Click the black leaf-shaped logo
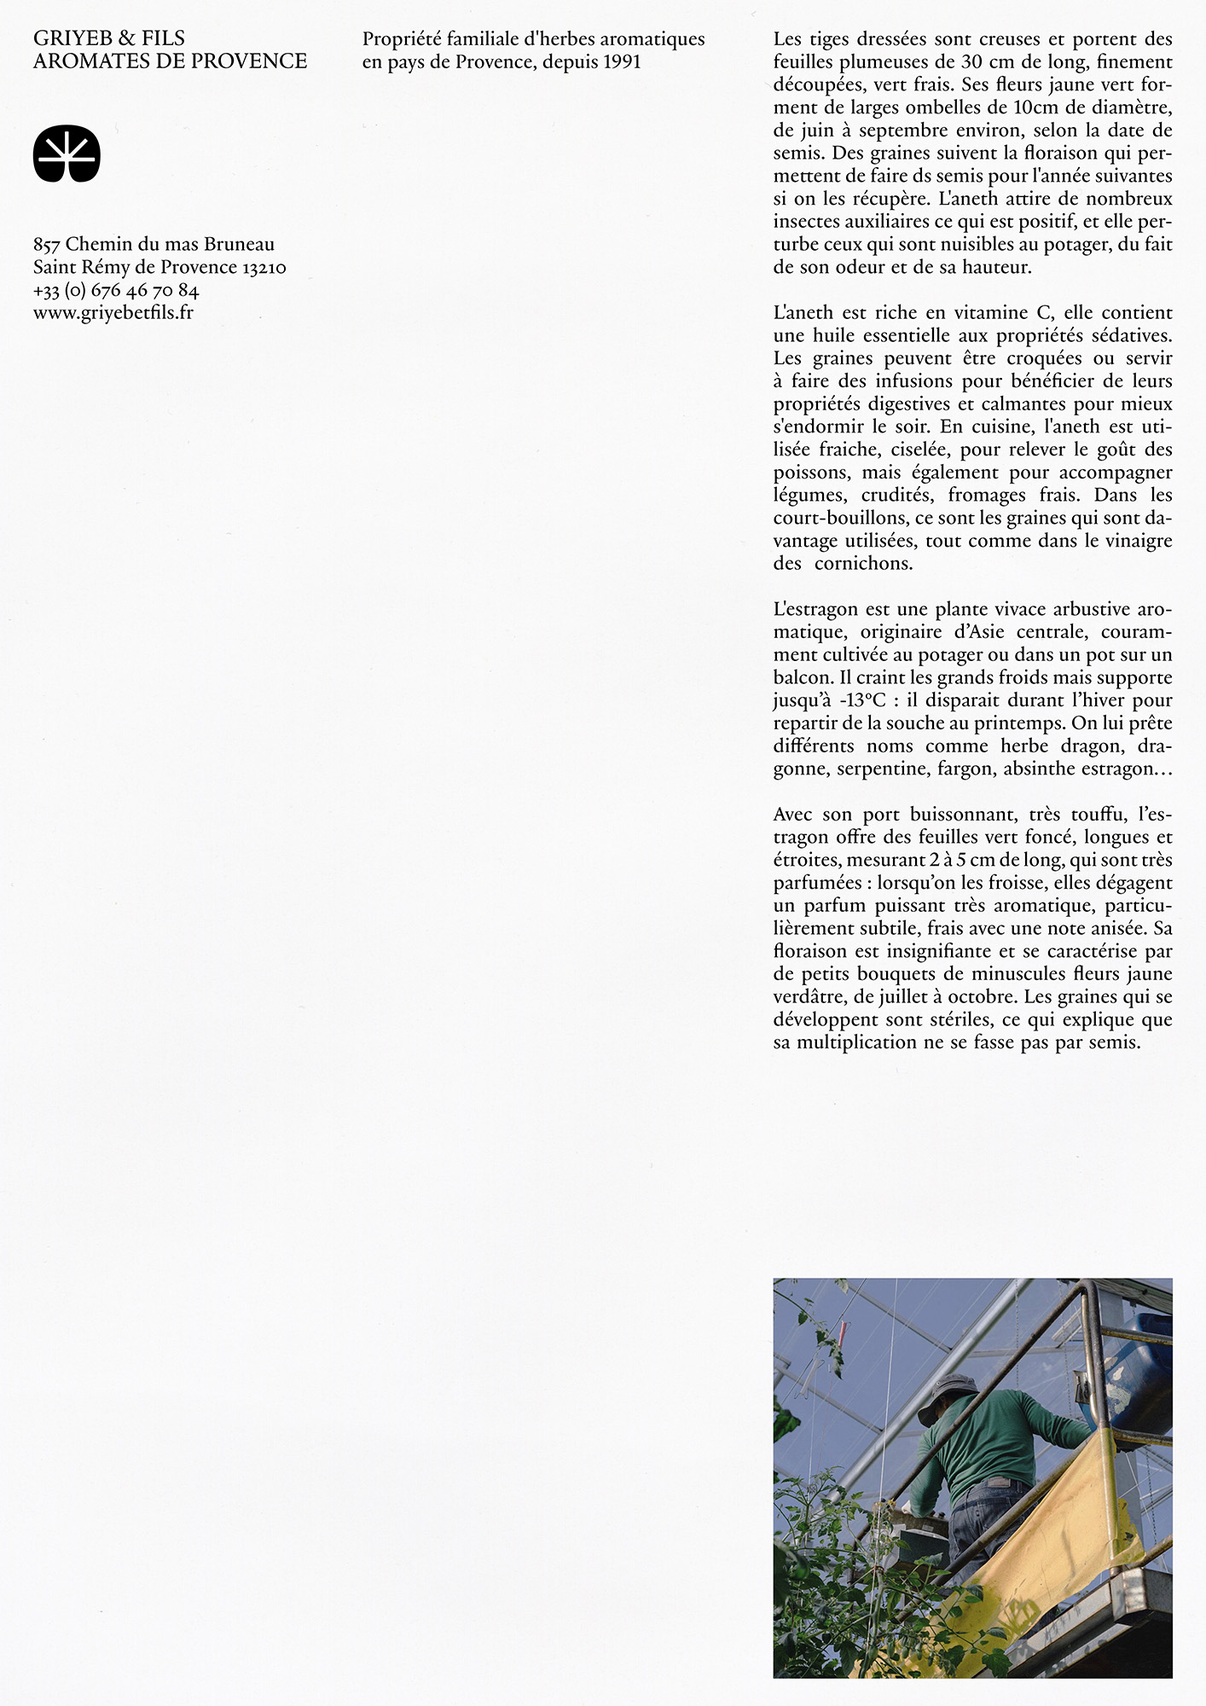67,154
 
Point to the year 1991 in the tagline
622,62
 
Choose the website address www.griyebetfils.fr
113,313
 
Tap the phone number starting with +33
116,291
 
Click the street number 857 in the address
47,245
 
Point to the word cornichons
863,564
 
